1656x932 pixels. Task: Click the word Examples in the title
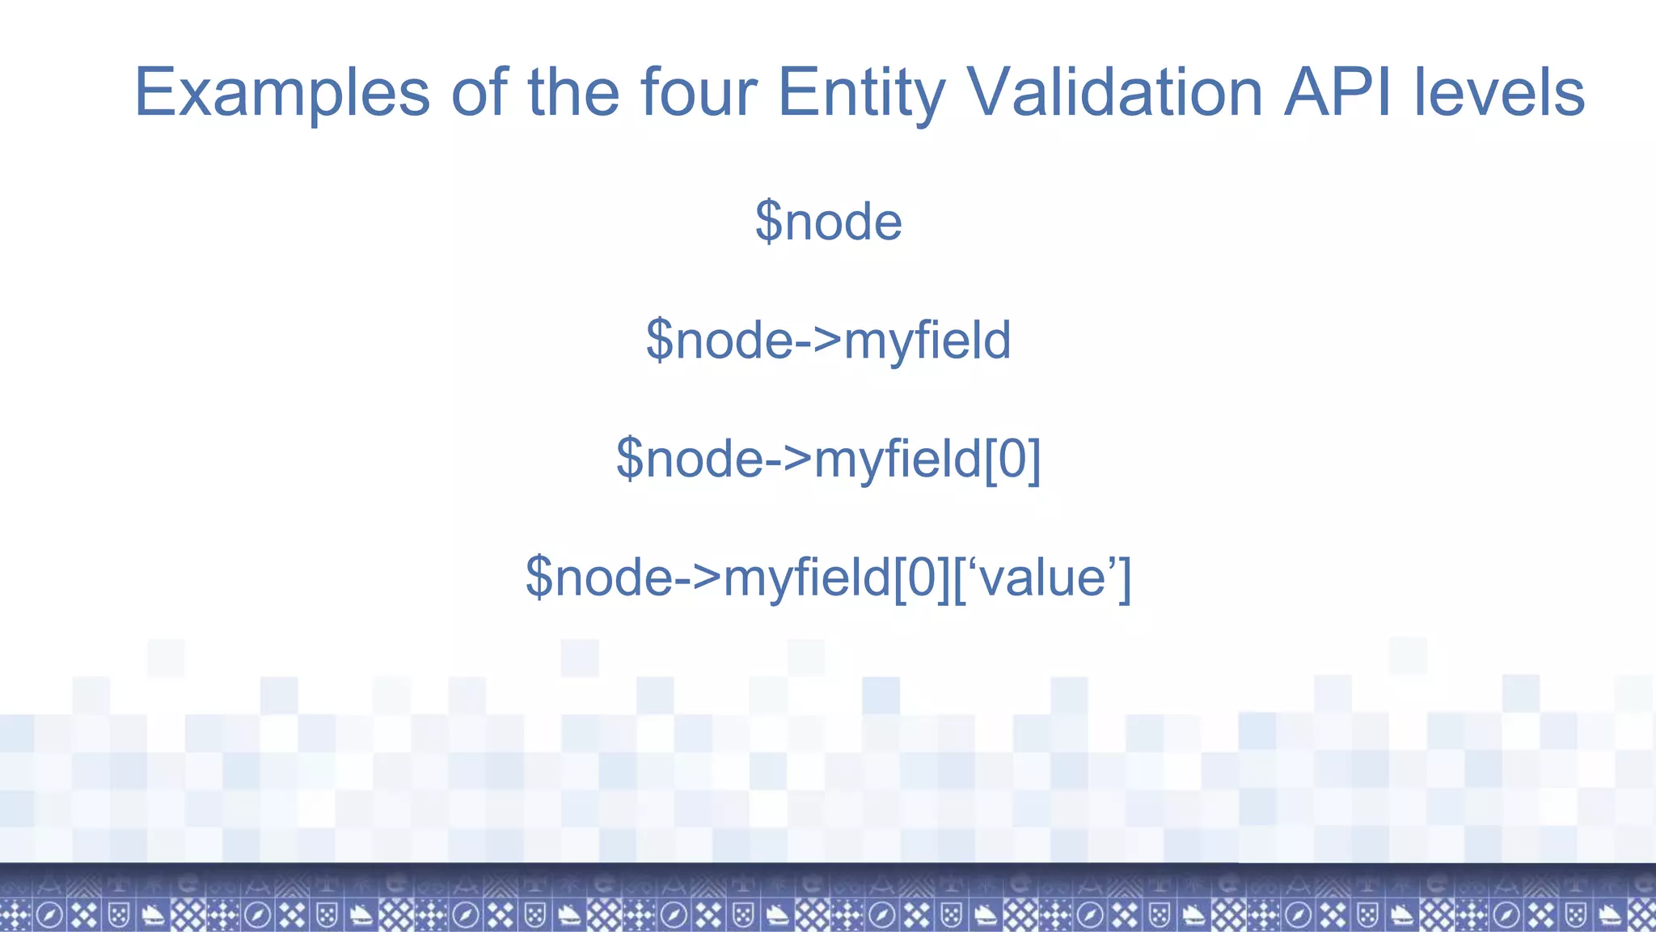[281, 93]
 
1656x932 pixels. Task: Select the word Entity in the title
[860, 93]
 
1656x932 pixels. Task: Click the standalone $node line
[829, 221]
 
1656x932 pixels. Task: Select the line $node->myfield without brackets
[828, 340]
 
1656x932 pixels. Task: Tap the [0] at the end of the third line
[1012, 459]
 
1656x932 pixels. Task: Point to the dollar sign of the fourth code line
[539, 578]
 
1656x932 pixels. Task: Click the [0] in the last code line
[922, 578]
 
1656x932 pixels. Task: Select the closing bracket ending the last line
[1124, 578]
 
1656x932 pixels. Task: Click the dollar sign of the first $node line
[768, 221]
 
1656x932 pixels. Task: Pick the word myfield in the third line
[898, 459]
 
